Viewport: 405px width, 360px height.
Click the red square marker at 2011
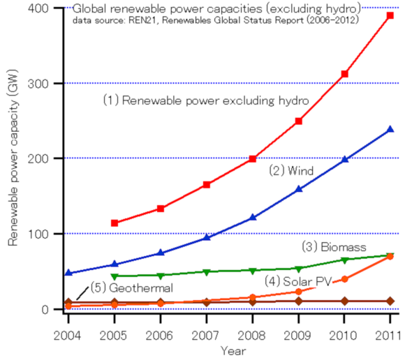point(390,15)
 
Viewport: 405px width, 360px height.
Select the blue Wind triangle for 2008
point(253,218)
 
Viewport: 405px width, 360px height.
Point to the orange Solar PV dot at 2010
point(344,279)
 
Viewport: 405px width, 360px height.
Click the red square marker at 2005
point(115,223)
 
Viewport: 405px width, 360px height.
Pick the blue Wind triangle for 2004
point(68,273)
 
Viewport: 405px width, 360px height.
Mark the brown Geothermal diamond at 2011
point(390,301)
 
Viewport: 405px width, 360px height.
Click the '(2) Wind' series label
point(290,170)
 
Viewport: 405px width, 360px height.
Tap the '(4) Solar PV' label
point(297,280)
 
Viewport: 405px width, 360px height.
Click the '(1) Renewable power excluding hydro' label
point(206,100)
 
